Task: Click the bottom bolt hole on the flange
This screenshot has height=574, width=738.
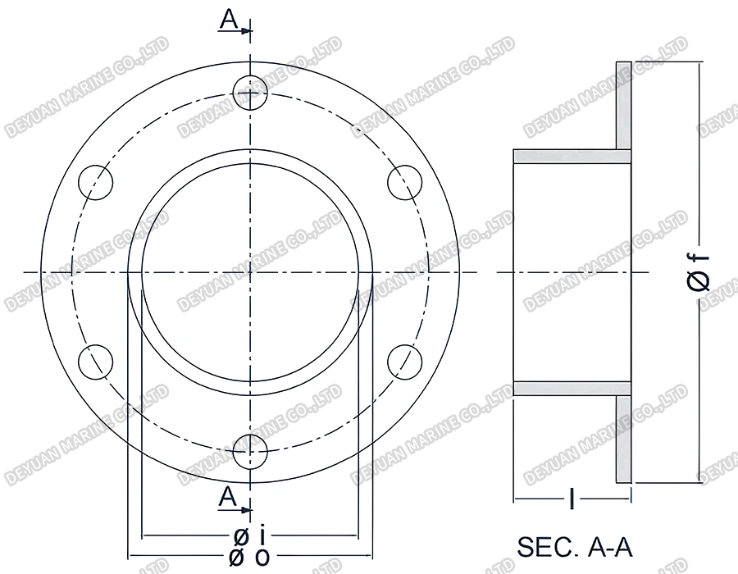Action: [251, 451]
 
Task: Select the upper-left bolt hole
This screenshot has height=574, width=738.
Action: [95, 181]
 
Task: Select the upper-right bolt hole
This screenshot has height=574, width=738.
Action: [404, 181]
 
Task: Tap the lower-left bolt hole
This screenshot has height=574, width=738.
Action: [95, 361]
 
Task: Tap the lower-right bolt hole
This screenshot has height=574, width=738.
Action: [404, 361]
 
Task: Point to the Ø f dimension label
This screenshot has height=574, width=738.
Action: [699, 272]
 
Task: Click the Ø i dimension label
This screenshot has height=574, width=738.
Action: [249, 537]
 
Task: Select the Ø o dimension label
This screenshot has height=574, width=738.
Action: [249, 557]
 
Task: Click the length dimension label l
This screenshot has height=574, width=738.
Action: [572, 498]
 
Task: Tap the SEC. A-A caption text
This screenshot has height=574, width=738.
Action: [575, 547]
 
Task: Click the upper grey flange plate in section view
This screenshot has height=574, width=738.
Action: [623, 105]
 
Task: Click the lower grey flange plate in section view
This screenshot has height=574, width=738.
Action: [623, 439]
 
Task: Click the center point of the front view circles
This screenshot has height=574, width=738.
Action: [251, 271]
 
